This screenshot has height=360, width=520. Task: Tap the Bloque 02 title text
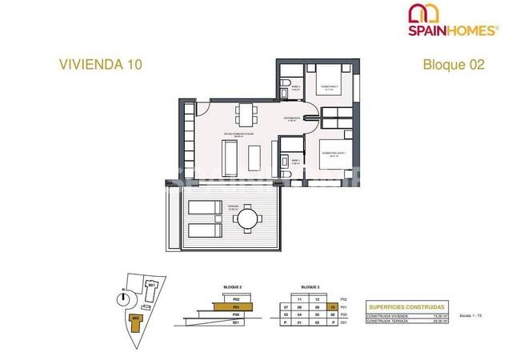[454, 63]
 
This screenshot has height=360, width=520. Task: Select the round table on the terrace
[250, 217]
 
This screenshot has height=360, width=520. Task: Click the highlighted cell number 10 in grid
[330, 306]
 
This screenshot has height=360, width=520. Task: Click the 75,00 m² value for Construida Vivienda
[438, 316]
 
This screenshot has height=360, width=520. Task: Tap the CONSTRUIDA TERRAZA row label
[387, 322]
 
